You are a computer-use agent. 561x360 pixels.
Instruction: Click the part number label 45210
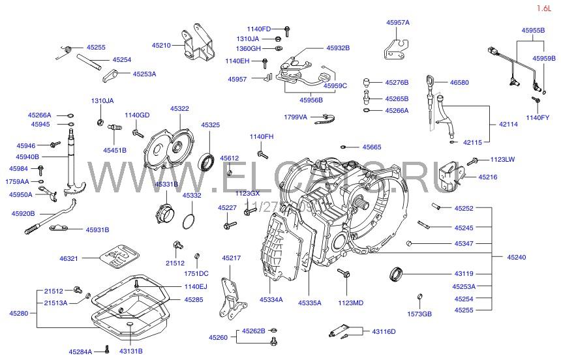point(161,46)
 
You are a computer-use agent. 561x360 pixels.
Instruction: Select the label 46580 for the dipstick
point(459,83)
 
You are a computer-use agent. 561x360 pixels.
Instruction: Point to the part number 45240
point(516,258)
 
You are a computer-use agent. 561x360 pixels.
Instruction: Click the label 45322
point(179,109)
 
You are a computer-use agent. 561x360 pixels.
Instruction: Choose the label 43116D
point(384,332)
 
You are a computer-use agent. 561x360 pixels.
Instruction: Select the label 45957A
point(397,22)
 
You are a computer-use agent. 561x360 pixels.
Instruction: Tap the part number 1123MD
point(351,303)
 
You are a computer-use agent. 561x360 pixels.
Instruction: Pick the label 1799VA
point(296,117)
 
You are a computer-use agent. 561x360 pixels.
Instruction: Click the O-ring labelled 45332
point(189,220)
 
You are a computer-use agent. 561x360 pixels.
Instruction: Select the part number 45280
point(18,313)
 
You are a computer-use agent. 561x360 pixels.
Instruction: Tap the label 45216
point(487,177)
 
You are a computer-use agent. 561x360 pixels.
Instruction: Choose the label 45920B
point(23,213)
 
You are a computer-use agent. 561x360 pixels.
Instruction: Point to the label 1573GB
point(420,314)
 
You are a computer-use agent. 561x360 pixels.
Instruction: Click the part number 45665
point(372,147)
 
